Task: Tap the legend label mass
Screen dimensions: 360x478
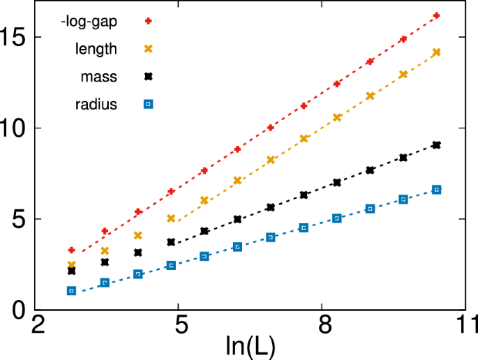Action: coord(99,77)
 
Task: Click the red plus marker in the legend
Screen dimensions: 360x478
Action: coord(148,20)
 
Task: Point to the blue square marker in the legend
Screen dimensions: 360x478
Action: coord(148,105)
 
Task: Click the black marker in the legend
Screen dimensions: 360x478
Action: coord(148,76)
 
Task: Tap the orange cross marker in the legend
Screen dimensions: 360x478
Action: coord(148,48)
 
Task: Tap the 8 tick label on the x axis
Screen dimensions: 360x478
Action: coord(322,326)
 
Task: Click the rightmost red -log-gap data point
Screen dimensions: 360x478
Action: coord(436,15)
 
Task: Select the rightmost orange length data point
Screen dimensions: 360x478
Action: coord(436,52)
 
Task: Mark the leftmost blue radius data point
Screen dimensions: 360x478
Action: coord(71,291)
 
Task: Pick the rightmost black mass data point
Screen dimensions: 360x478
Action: coord(436,145)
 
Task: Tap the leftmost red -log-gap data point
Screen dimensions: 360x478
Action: coord(71,250)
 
